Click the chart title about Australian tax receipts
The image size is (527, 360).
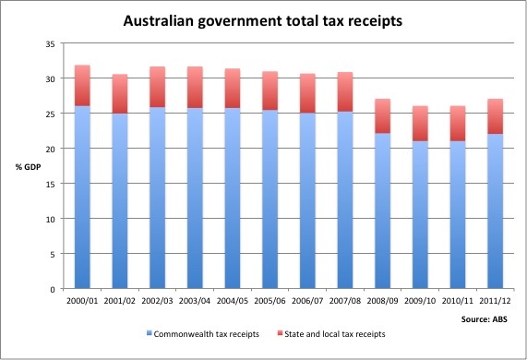263,19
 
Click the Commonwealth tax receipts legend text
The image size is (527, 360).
201,332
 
